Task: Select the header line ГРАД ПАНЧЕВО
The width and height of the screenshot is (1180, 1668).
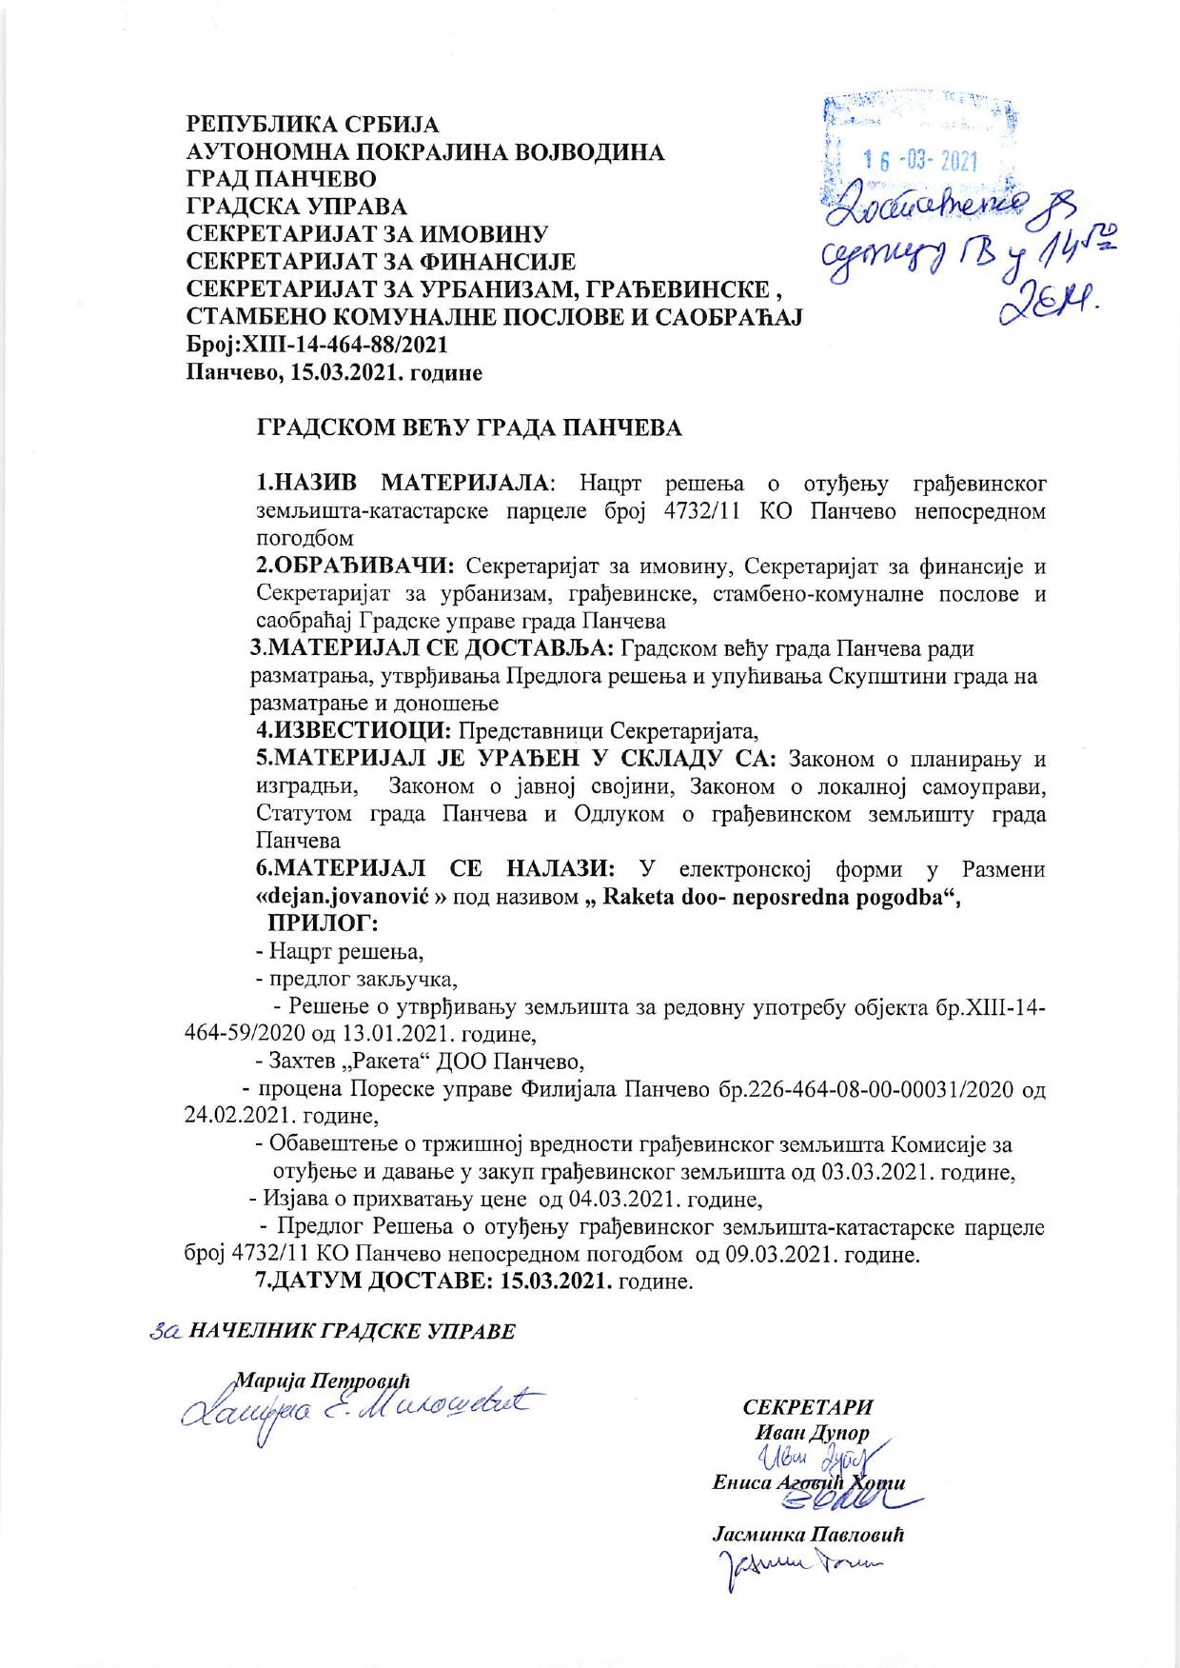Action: pyautogui.click(x=281, y=179)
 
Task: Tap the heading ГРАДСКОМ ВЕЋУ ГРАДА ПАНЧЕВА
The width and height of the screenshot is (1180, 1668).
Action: pyautogui.click(x=471, y=428)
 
